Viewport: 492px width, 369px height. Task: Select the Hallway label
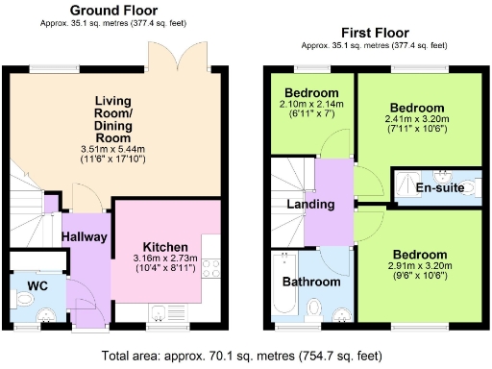(84, 237)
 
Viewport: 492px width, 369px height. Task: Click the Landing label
(310, 204)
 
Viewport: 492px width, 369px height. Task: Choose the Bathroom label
(310, 282)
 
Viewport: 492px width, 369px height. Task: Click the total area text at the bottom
(245, 354)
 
